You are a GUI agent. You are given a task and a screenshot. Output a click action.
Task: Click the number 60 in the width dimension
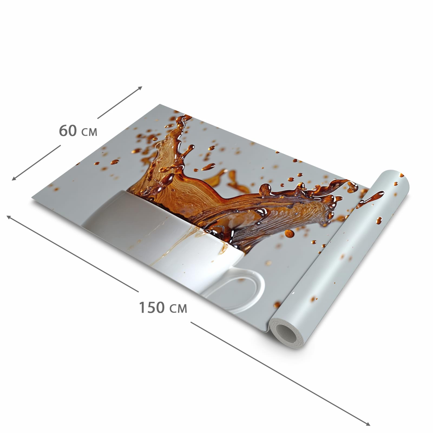68,131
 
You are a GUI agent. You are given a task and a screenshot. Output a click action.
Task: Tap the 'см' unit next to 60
89,132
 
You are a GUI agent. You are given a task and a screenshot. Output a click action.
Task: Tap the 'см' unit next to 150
178,309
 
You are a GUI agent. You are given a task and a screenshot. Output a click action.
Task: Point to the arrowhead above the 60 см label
140,88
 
